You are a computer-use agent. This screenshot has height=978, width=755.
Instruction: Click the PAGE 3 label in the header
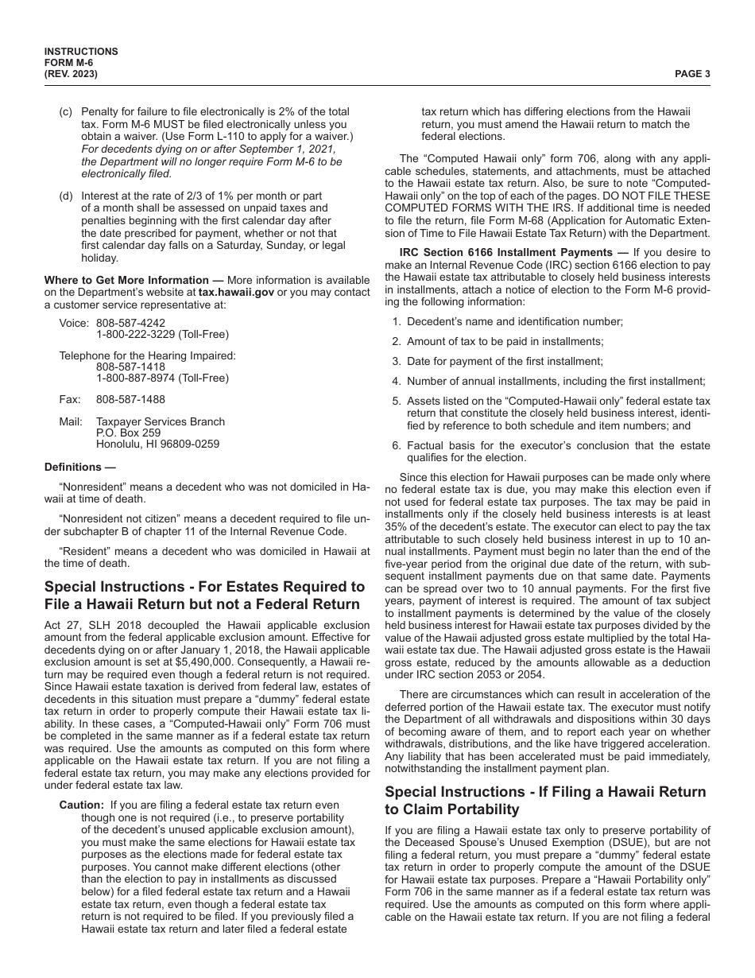click(692, 74)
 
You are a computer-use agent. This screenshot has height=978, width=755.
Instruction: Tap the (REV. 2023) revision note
click(72, 74)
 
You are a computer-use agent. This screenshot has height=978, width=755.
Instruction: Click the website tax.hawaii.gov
click(230, 292)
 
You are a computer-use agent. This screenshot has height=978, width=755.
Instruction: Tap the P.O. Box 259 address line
click(128, 433)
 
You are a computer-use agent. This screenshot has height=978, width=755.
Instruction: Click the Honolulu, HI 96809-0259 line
click(157, 444)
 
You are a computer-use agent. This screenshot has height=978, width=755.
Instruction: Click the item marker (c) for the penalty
click(66, 111)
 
